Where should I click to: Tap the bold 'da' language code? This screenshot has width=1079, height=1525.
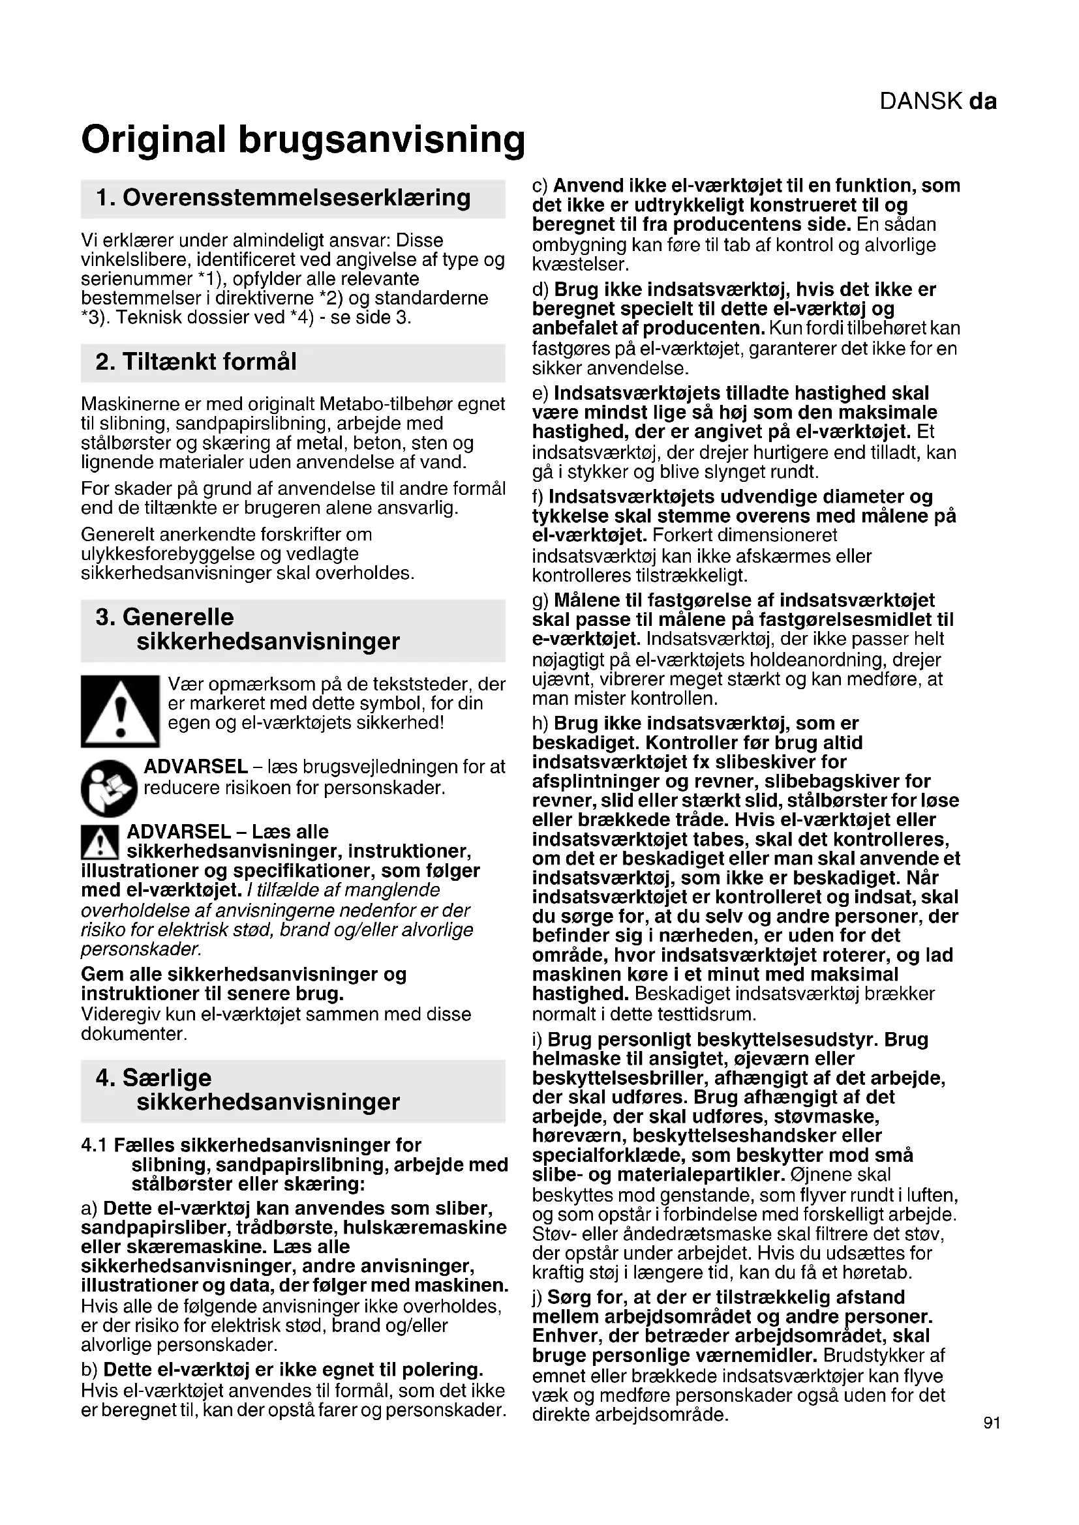pyautogui.click(x=982, y=102)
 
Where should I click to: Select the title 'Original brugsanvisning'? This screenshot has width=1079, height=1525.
pyautogui.click(x=303, y=140)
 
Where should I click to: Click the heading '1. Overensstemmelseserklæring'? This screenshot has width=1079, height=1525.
pyautogui.click(x=283, y=198)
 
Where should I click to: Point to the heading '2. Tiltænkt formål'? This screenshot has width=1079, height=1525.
pyautogui.click(x=196, y=362)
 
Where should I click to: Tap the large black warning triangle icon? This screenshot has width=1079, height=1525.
pyautogui.click(x=120, y=711)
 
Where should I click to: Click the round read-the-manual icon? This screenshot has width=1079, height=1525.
pyautogui.click(x=108, y=788)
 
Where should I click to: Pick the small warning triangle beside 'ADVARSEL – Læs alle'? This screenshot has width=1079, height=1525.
pyautogui.click(x=100, y=842)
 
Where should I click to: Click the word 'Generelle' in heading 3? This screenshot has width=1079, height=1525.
pyautogui.click(x=178, y=617)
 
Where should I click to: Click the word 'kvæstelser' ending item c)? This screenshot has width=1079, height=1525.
pyautogui.click(x=579, y=264)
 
